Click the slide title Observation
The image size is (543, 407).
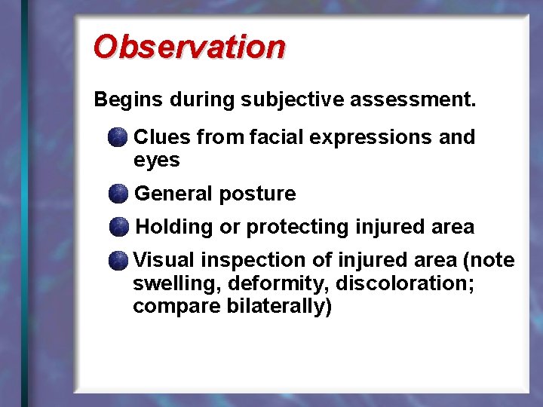coord(189,47)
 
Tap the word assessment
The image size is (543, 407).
coord(416,99)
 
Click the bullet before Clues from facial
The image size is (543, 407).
coord(118,138)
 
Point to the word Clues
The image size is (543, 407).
coord(162,137)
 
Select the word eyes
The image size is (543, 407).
coord(156,161)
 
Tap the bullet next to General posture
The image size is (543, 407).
coord(118,194)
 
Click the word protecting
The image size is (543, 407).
coord(298,227)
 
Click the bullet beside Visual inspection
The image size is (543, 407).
coord(118,262)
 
